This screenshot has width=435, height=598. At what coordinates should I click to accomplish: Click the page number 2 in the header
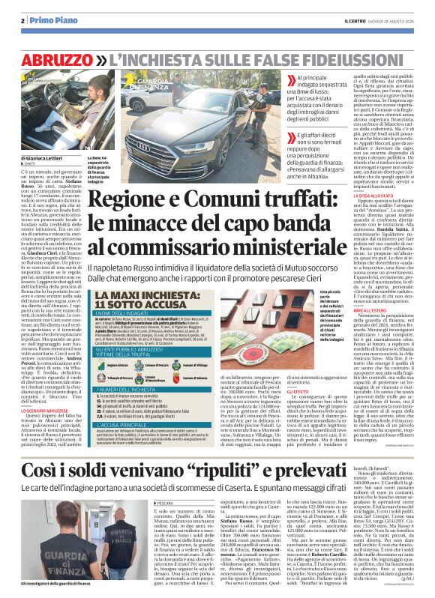[24, 20]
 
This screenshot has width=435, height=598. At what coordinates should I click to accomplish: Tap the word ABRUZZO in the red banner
[52, 58]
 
